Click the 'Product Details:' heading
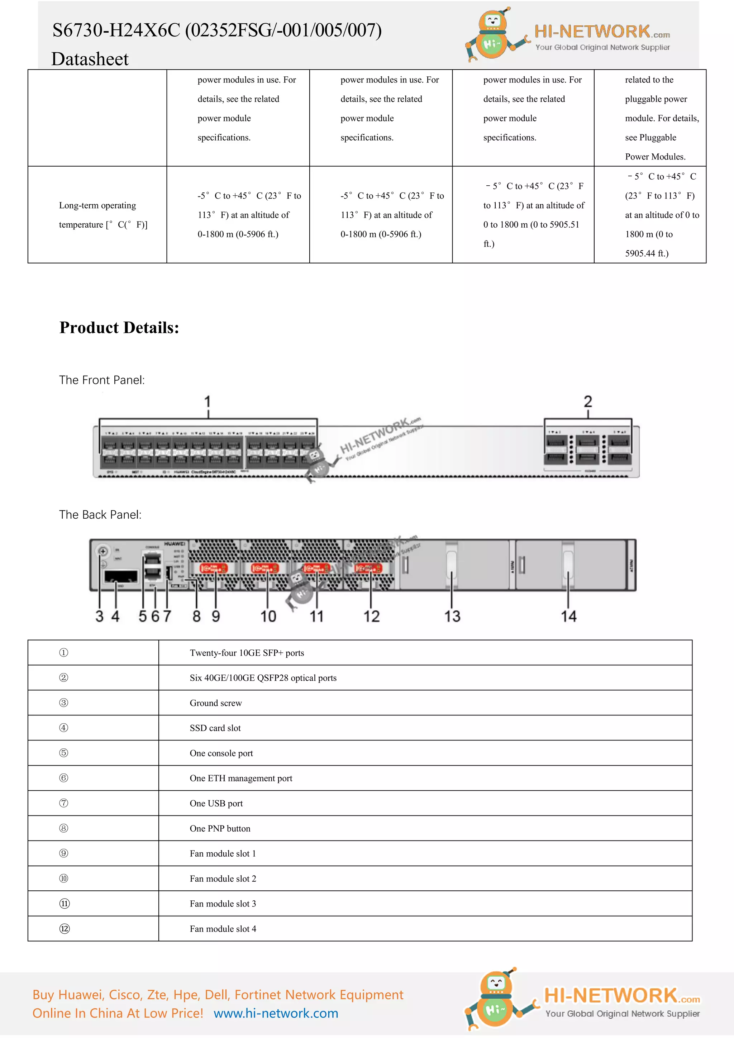[x=119, y=328]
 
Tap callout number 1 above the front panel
[x=208, y=401]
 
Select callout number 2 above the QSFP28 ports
[x=587, y=401]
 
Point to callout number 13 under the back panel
[x=452, y=616]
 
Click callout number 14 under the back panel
[x=568, y=616]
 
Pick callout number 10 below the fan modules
[x=268, y=616]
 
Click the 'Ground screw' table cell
[x=216, y=703]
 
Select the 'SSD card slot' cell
[x=215, y=728]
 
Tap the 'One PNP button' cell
[x=220, y=828]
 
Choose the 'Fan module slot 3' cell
[x=223, y=904]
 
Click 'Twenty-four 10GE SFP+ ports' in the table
[x=247, y=653]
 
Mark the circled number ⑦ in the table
[x=64, y=803]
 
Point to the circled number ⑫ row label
[x=65, y=929]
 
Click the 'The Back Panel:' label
[x=100, y=515]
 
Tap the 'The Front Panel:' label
[x=102, y=380]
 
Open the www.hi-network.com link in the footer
[x=276, y=1013]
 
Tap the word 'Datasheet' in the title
[x=90, y=59]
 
